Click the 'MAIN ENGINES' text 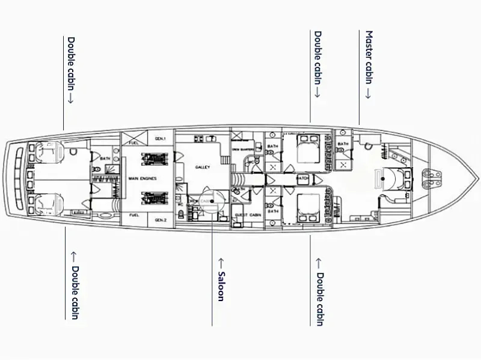[142, 178]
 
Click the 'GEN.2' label [160, 220]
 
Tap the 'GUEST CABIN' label [247, 215]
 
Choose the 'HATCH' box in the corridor [303, 178]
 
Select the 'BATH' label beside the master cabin [343, 144]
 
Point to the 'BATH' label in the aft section [105, 159]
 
